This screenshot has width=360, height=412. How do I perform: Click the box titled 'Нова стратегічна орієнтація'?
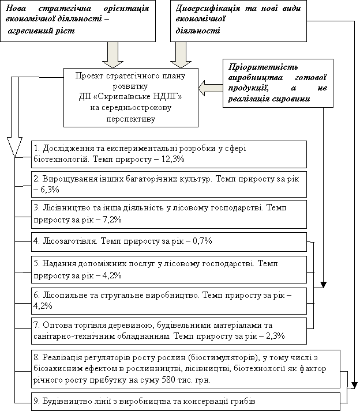79,21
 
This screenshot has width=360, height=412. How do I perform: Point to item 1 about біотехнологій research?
169,153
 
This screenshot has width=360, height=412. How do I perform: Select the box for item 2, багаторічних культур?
169,184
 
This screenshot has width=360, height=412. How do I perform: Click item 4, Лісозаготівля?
169,241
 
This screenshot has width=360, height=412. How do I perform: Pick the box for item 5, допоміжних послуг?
169,270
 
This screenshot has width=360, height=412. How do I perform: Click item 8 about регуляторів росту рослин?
186,369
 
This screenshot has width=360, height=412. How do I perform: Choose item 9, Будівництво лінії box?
186,400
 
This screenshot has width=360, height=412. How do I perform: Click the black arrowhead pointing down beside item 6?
324,284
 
